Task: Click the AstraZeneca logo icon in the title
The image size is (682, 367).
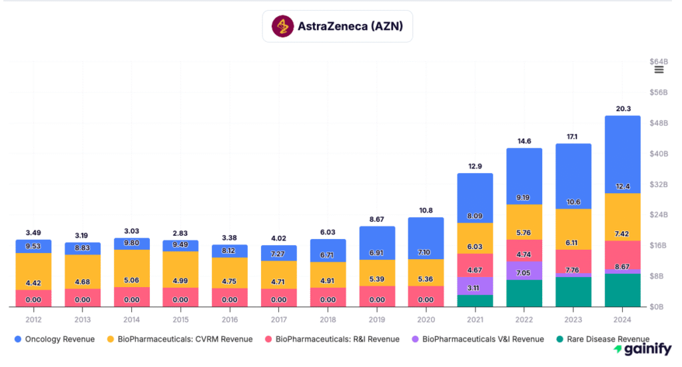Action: point(284,27)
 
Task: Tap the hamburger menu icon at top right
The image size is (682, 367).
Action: point(659,70)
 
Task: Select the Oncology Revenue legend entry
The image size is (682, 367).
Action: point(55,339)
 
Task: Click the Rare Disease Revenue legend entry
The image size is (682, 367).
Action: point(607,339)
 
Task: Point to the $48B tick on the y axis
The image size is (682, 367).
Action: point(658,123)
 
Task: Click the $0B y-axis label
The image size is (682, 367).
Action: point(658,307)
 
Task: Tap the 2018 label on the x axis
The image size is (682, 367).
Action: point(328,319)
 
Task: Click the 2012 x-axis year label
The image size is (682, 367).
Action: point(33,319)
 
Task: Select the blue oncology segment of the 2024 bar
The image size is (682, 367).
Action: point(622,153)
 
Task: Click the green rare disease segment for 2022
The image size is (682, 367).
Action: point(524,294)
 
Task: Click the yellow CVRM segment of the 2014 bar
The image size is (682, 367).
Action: point(131,268)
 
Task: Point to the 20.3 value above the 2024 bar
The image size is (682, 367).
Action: point(622,109)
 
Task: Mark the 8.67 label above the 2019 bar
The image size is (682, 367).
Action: point(377,218)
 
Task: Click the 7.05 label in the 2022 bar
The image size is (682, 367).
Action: point(524,272)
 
